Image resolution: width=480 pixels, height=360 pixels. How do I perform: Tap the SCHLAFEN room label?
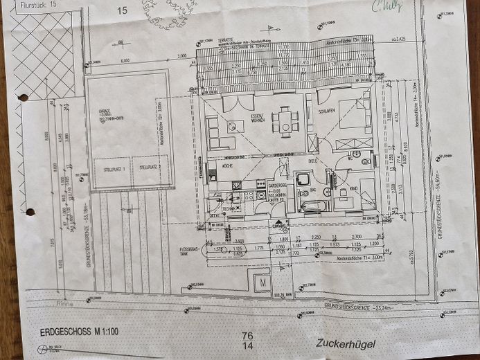(327, 110)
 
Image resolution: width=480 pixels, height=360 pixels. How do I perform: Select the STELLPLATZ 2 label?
(150, 167)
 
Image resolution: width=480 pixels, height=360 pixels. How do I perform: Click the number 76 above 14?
(247, 335)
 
